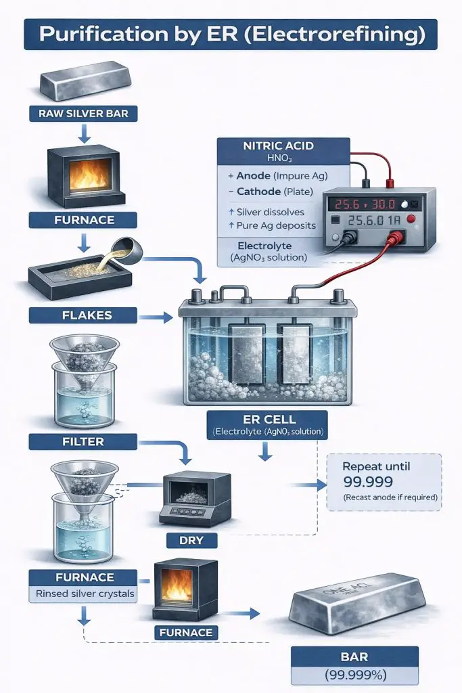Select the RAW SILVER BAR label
click(83, 114)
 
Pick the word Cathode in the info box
click(261, 192)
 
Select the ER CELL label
click(264, 420)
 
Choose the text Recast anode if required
click(384, 498)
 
